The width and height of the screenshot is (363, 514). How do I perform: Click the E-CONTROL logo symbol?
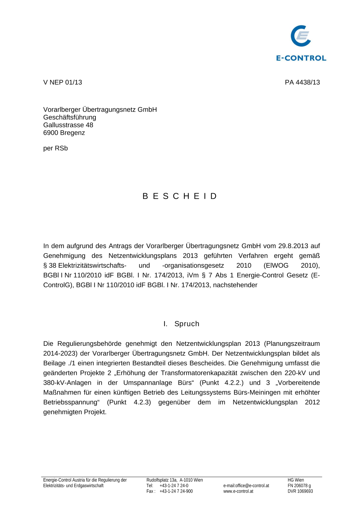tap(301, 36)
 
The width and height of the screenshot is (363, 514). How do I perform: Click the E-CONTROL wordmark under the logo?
tap(301, 58)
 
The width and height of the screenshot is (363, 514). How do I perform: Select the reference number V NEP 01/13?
tap(62, 82)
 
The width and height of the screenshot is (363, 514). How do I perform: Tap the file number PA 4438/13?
tap(302, 82)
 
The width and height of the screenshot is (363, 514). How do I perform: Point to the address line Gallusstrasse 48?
tap(68, 125)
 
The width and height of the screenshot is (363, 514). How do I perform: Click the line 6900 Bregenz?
tap(64, 133)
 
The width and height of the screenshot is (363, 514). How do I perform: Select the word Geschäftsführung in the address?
tap(70, 117)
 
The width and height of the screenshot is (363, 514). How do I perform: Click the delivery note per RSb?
tap(56, 148)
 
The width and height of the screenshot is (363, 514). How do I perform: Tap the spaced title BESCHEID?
tap(180, 196)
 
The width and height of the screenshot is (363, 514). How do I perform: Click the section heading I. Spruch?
tap(181, 324)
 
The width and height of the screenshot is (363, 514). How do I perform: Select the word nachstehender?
tap(235, 285)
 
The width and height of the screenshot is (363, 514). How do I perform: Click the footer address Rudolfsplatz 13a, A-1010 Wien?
tap(175, 480)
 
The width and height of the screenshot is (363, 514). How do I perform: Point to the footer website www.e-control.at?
tap(238, 491)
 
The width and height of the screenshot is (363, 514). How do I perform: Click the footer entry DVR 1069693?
tap(300, 491)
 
